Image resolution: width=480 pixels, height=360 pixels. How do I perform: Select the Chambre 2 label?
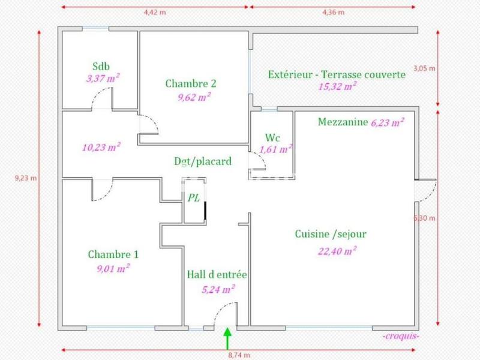coord(191,84)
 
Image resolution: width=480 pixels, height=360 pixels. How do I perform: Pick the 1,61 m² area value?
coord(275,148)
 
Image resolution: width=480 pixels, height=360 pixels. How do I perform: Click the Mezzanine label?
coord(342,122)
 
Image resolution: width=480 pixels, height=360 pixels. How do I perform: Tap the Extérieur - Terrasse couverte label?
coord(337,74)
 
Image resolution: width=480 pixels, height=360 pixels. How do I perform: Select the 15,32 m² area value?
coord(337,86)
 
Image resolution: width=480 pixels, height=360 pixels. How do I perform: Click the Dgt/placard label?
coord(202,161)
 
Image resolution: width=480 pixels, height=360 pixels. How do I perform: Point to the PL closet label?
coord(193,197)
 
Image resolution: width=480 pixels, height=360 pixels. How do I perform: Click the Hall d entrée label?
coord(217,275)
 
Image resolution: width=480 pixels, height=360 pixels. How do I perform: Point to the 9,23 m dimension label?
coord(25,178)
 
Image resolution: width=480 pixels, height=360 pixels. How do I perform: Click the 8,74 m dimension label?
coord(239,355)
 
